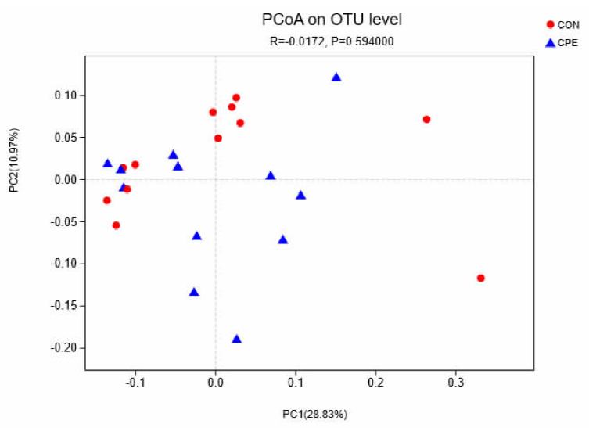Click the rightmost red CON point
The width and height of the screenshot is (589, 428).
[480, 278]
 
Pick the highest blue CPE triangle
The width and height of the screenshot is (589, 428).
[336, 77]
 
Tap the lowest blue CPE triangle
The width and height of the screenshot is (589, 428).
[236, 339]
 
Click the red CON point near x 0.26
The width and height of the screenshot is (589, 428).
[426, 119]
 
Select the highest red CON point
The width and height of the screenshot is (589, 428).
[235, 98]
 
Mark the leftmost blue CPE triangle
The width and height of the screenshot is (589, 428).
[107, 163]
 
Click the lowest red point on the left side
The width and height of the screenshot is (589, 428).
[116, 225]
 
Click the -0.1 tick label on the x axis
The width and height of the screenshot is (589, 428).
[135, 383]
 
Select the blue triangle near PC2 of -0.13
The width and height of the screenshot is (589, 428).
[194, 292]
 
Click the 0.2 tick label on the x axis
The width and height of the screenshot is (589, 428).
[375, 383]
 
